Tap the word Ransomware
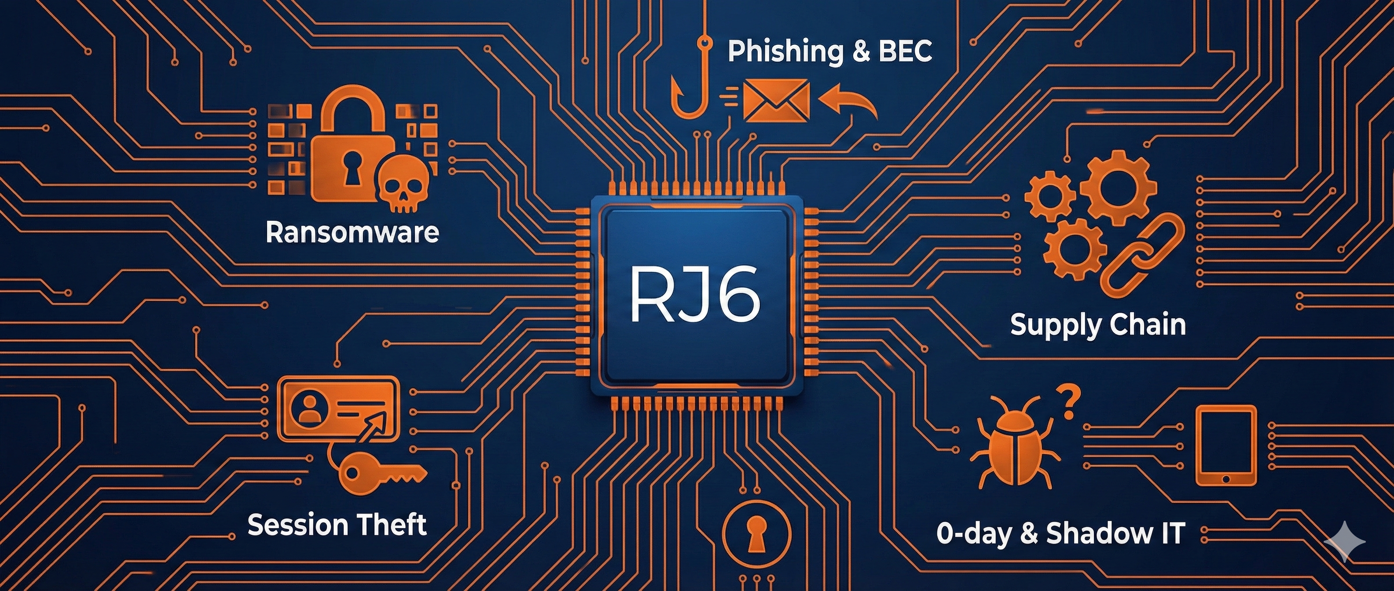(x=352, y=233)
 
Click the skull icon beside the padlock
(x=403, y=183)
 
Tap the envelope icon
(x=776, y=101)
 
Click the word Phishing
(x=785, y=51)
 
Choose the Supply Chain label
(x=1098, y=325)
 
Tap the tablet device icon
(x=1226, y=446)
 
